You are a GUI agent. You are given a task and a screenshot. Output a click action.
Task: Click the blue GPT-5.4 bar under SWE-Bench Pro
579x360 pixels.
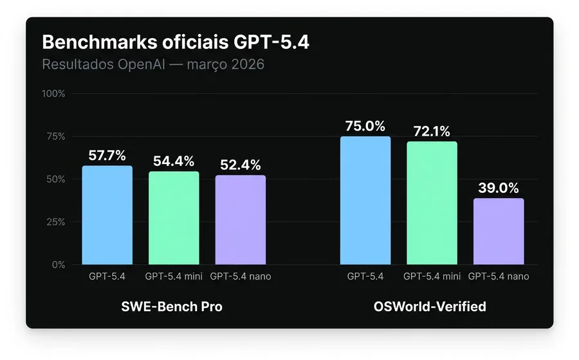click(107, 215)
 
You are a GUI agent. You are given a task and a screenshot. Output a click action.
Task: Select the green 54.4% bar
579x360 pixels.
click(174, 219)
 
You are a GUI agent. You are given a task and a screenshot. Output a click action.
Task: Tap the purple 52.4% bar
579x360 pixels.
click(240, 220)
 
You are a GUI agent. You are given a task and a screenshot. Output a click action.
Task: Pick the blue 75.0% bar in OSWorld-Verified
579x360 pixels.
click(365, 201)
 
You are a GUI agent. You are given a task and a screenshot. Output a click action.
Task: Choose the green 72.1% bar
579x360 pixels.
click(432, 203)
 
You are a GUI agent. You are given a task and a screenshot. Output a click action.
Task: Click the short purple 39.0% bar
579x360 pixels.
click(499, 231)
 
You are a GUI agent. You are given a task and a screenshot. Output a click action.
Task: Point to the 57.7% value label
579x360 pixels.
click(107, 155)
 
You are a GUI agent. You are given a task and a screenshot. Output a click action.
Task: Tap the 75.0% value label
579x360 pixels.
click(365, 126)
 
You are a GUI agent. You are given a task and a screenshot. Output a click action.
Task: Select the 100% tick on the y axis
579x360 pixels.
click(53, 94)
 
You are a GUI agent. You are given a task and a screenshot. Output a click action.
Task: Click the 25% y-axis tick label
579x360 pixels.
click(55, 222)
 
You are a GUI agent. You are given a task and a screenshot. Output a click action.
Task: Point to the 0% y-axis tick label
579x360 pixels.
click(58, 264)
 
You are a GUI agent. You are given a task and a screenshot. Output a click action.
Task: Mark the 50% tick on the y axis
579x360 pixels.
click(55, 179)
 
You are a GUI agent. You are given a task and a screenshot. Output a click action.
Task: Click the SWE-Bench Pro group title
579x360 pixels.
click(172, 307)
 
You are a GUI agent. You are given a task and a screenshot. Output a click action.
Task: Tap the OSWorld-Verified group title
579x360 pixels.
click(430, 307)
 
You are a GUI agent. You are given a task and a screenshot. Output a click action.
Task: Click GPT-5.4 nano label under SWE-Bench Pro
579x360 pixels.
click(240, 276)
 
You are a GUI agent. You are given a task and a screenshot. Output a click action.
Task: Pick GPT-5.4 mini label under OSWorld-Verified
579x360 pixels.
click(432, 276)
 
